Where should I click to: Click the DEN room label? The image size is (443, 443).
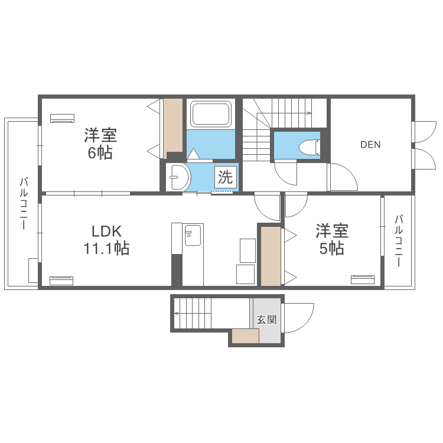tap(371, 144)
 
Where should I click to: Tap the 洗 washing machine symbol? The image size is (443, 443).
tap(226, 177)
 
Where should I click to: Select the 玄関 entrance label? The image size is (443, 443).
tap(266, 320)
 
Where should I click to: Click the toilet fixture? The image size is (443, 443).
tap(309, 146)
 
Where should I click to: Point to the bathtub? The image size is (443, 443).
tap(211, 114)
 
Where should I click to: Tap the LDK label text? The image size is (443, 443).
tap(106, 230)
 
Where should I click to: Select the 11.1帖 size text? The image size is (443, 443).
tap(106, 249)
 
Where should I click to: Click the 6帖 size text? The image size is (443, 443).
tap(100, 153)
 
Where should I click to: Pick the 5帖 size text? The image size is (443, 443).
tap(331, 249)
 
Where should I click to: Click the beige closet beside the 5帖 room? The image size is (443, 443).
tap(271, 255)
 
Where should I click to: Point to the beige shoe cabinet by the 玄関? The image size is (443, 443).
tap(245, 336)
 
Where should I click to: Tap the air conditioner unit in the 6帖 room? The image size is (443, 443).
tap(62, 118)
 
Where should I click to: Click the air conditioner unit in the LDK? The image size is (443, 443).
tap(61, 280)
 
